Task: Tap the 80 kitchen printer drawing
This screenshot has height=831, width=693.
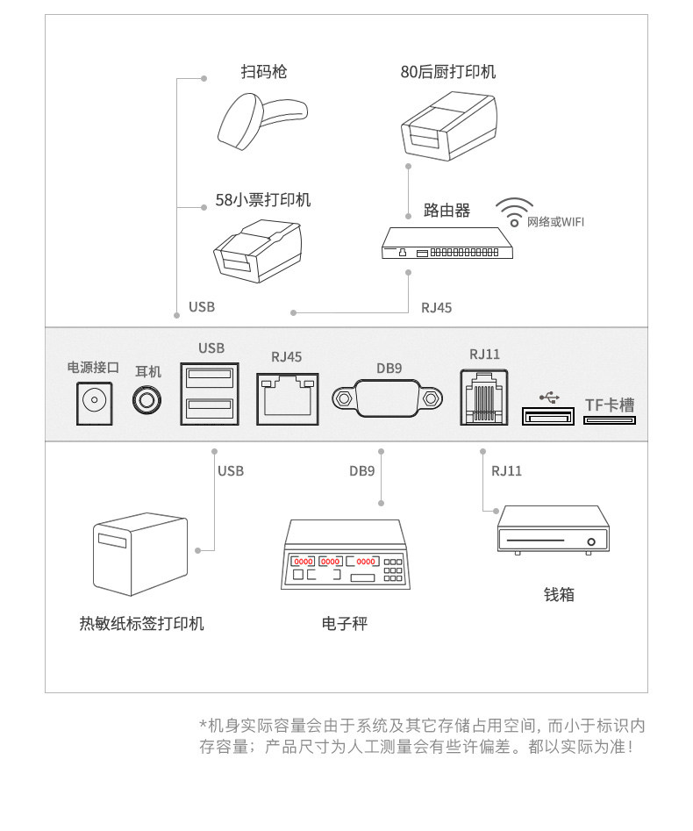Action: pyautogui.click(x=449, y=127)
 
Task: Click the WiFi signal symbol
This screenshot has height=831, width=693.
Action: pyautogui.click(x=513, y=211)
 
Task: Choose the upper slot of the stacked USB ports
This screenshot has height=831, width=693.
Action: pyautogui.click(x=211, y=378)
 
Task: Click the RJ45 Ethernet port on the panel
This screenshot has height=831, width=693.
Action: pyautogui.click(x=287, y=399)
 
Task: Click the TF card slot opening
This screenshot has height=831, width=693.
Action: pyautogui.click(x=609, y=420)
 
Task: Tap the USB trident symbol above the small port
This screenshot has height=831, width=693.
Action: pyautogui.click(x=550, y=397)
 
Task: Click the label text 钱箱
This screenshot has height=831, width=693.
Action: pyautogui.click(x=559, y=595)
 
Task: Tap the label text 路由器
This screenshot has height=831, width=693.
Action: pyautogui.click(x=447, y=211)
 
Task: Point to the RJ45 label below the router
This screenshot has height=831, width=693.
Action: pyautogui.click(x=436, y=307)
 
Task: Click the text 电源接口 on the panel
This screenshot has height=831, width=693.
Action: pyautogui.click(x=93, y=367)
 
